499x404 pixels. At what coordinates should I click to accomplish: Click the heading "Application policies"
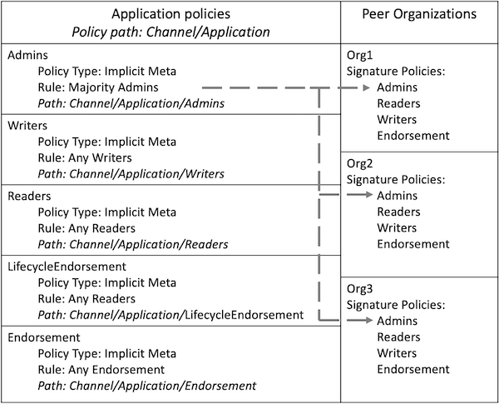click(x=170, y=14)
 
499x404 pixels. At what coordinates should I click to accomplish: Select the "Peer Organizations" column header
click(x=419, y=14)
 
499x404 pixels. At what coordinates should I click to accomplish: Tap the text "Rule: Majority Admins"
click(x=98, y=87)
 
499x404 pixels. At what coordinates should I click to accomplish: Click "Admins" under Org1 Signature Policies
click(x=398, y=87)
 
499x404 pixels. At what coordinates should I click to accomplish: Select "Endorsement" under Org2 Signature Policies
click(x=413, y=244)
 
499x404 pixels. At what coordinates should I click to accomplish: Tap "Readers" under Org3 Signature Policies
click(x=398, y=337)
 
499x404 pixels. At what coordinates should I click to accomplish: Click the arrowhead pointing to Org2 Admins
click(x=369, y=195)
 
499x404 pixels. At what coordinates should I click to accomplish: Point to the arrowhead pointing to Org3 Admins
click(x=369, y=320)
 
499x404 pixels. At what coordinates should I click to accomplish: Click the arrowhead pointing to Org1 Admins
click(x=366, y=87)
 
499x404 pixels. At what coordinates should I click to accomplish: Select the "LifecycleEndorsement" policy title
click(x=67, y=267)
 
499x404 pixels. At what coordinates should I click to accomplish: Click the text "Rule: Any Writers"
click(x=85, y=157)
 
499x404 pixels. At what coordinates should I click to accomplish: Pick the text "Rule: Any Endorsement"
click(x=101, y=370)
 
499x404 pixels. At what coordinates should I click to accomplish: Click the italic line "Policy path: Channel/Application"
click(x=170, y=32)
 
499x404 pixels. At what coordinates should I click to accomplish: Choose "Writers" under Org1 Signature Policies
click(x=397, y=120)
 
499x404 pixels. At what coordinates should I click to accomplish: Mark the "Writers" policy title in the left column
click(x=27, y=126)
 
